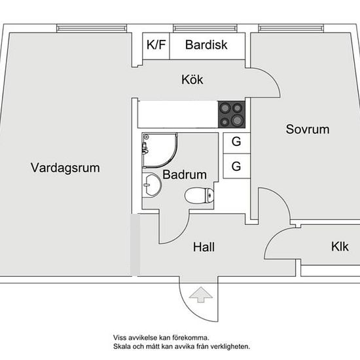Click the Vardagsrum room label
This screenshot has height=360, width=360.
65,168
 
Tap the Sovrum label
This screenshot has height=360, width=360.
308,129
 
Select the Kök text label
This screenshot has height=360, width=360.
192,79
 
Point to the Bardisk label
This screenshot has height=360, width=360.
206,45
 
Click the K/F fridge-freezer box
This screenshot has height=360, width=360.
156,46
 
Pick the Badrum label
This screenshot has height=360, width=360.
185,175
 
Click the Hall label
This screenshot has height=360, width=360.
204,247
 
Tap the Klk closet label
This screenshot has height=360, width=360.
340,247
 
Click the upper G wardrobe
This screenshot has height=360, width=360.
236,143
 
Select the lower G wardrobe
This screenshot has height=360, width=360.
236,166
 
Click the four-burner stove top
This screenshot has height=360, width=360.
232,115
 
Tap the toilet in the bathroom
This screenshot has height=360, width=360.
199,196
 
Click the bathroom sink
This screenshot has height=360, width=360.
152,185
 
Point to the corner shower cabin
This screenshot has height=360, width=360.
160,150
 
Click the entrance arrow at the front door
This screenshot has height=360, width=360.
201,295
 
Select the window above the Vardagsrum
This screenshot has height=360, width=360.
92,28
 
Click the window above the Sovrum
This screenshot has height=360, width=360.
291,28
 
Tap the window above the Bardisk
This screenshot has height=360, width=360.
206,28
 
